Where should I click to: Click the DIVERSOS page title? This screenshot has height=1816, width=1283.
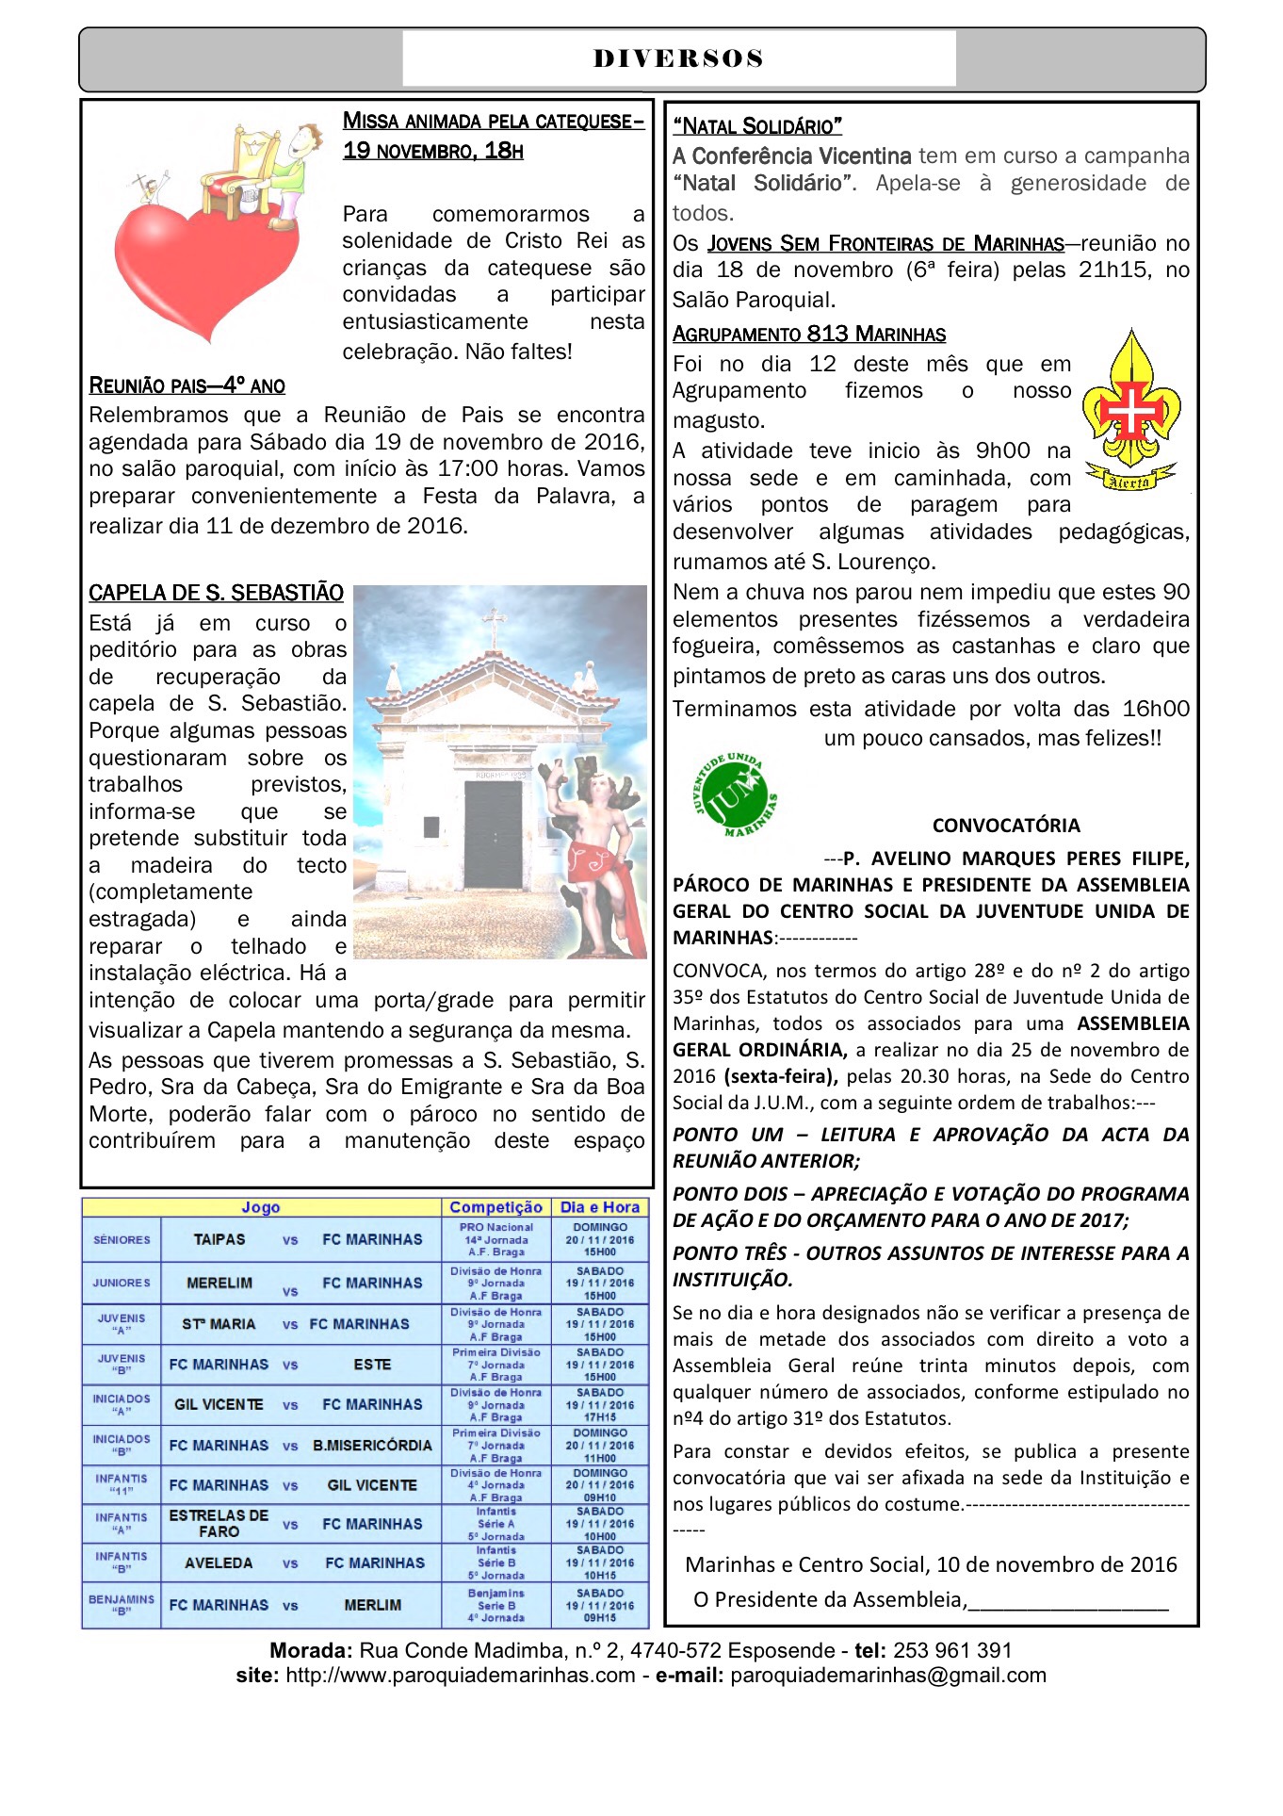click(678, 58)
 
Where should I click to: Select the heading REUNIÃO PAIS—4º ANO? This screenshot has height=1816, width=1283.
click(187, 385)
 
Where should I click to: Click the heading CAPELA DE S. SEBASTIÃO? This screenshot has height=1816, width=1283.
click(216, 593)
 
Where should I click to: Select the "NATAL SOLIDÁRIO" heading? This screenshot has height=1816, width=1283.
click(757, 126)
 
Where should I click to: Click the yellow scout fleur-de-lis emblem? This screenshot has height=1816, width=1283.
click(1130, 407)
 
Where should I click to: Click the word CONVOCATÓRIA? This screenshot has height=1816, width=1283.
click(1006, 826)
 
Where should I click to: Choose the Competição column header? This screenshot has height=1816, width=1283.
click(495, 1207)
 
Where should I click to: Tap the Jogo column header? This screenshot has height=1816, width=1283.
click(261, 1207)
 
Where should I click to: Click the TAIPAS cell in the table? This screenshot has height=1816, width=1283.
click(219, 1239)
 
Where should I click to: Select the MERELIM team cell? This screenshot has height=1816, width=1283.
click(219, 1283)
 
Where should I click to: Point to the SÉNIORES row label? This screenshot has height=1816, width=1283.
click(122, 1239)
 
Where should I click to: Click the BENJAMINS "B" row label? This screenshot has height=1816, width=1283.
click(122, 1605)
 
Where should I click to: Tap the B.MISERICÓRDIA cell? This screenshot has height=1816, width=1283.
click(373, 1445)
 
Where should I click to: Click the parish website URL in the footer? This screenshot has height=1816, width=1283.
click(460, 1675)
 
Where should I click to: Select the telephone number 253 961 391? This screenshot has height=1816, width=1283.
click(952, 1650)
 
